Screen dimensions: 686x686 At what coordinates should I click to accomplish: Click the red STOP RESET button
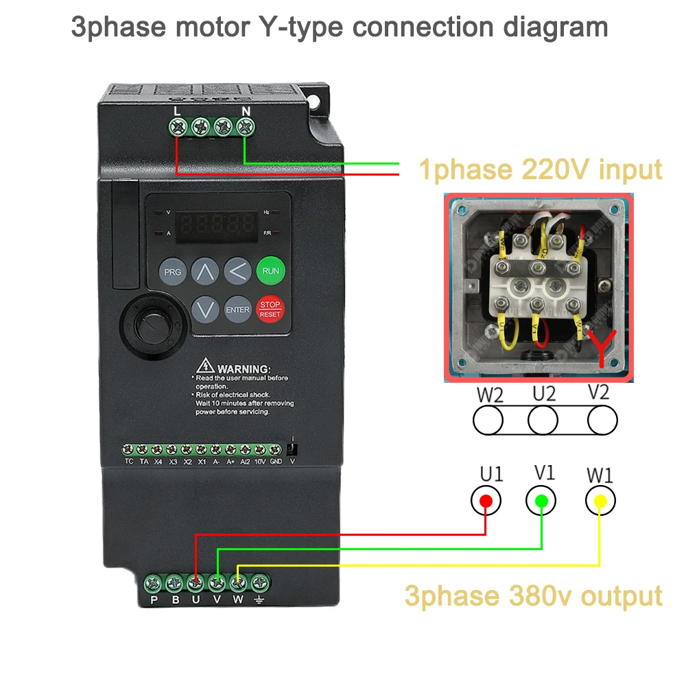[270, 309]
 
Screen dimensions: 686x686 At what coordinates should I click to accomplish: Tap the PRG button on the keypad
[173, 272]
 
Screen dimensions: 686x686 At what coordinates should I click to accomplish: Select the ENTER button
[237, 309]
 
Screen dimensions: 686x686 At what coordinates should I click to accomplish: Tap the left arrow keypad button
[237, 272]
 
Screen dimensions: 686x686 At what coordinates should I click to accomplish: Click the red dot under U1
[486, 501]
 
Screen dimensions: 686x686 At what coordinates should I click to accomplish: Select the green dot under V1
[541, 501]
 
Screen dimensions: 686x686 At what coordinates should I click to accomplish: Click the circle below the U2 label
[543, 420]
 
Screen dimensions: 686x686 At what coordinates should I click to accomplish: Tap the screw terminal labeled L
[178, 126]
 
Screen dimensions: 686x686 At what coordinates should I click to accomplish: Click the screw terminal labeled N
[245, 126]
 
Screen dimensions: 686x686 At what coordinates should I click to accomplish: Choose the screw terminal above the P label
[153, 584]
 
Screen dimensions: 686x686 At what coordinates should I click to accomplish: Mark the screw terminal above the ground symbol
[259, 584]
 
